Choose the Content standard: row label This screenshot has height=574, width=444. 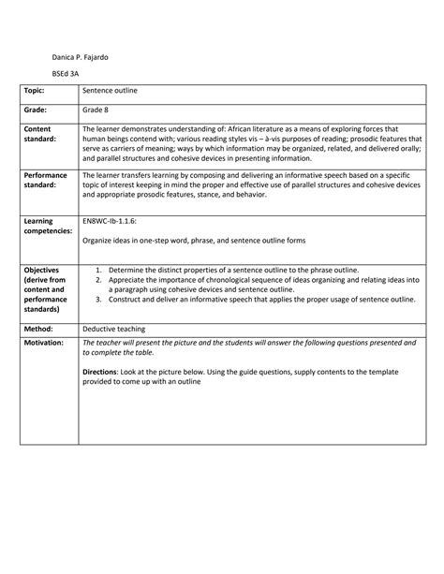tap(42, 134)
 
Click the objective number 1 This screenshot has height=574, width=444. tap(98, 270)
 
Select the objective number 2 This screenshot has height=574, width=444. tap(98, 279)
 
